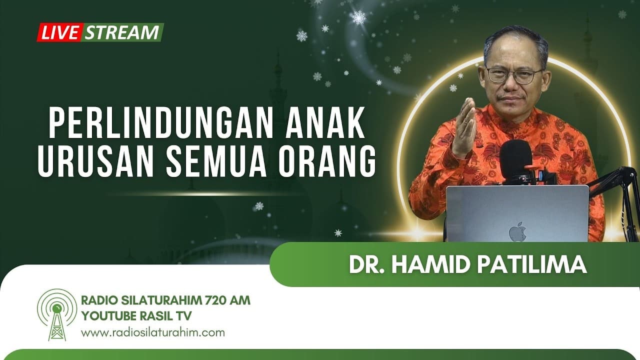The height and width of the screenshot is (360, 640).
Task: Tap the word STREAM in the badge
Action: point(122,32)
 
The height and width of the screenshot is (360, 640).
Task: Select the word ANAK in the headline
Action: point(325,122)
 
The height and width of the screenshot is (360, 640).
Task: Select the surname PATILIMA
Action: point(532,265)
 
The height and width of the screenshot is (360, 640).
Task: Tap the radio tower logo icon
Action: point(57,314)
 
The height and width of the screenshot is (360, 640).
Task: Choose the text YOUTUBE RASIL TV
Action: point(136,316)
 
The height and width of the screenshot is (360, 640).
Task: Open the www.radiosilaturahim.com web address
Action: point(153,333)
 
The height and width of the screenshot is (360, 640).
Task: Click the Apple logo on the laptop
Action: point(517,231)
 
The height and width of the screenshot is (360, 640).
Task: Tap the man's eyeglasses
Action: point(514,75)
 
